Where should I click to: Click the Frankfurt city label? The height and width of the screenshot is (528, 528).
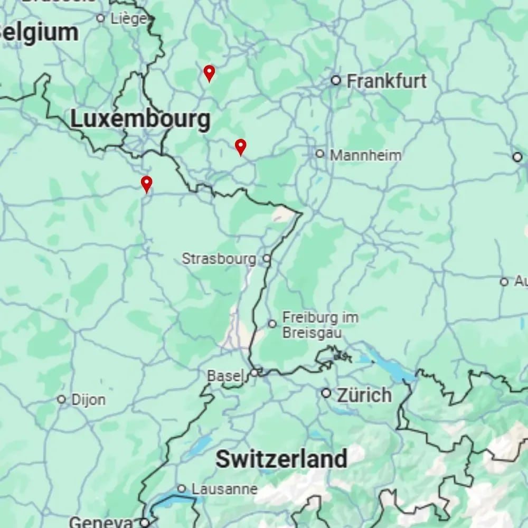tap(386, 81)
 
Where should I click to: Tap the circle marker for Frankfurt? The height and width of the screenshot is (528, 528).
tap(336, 80)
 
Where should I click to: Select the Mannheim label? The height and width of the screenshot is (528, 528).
tap(365, 155)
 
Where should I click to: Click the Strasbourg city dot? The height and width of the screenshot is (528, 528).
tap(267, 259)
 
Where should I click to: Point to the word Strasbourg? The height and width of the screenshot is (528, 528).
tap(219, 259)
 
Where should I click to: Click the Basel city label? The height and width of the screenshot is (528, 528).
tap(225, 376)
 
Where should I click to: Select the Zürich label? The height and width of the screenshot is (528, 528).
tap(364, 394)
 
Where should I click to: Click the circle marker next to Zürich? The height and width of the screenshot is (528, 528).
tap(326, 393)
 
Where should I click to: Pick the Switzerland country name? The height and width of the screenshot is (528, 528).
tap(281, 459)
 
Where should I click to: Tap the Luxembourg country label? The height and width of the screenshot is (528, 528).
tap(140, 119)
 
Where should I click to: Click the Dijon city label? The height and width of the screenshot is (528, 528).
tap(88, 400)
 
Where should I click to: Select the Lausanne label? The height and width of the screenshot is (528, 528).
tap(224, 489)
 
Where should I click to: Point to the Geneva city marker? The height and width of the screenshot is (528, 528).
tap(144, 523)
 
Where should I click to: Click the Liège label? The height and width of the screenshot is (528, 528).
tap(129, 19)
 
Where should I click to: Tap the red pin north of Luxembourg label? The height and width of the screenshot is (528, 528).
tap(209, 72)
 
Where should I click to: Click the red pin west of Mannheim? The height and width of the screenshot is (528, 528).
tap(240, 146)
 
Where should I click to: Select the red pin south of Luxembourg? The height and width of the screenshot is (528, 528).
tap(146, 183)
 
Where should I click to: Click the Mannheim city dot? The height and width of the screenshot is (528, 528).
tap(319, 154)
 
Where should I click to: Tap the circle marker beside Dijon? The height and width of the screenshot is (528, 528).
tap(61, 400)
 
